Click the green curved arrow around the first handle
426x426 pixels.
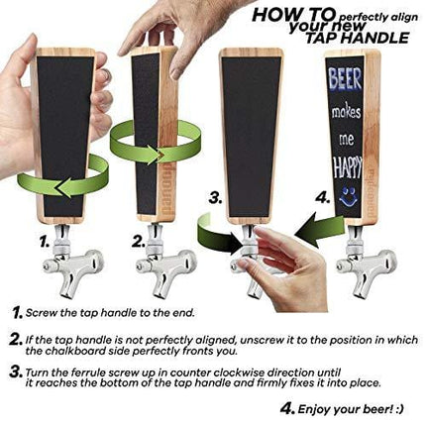click(x=74, y=184)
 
